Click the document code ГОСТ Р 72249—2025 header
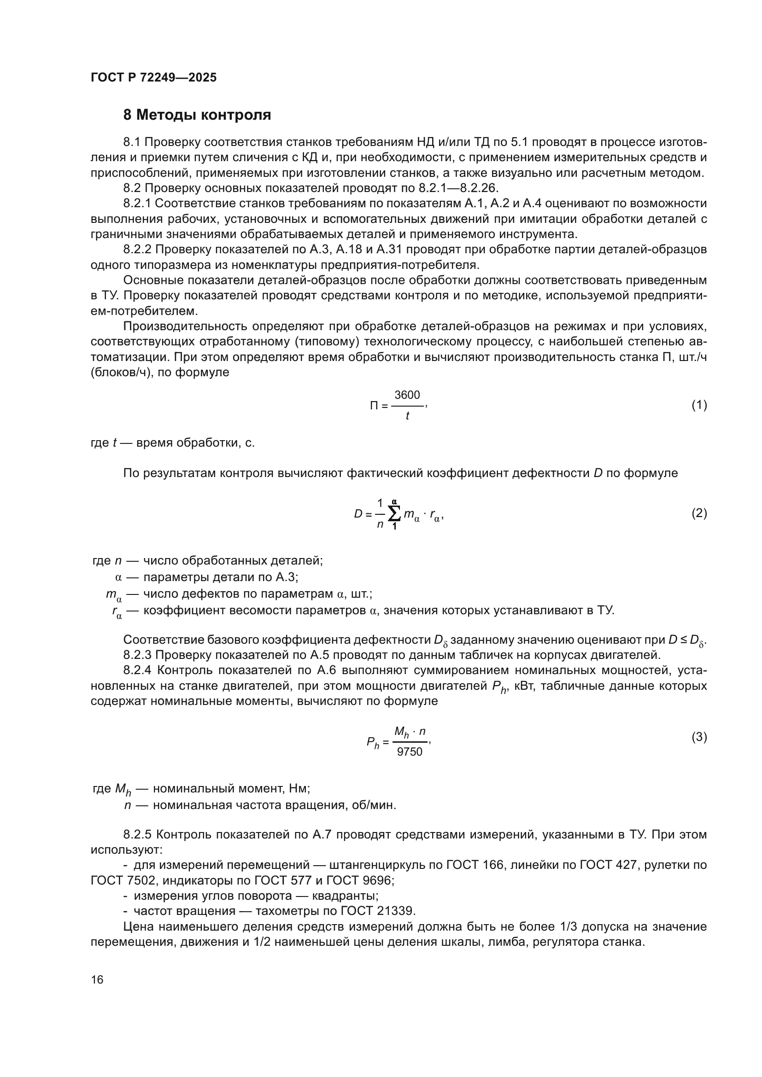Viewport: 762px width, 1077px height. click(x=153, y=77)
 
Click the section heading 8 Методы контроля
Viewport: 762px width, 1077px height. click(x=197, y=115)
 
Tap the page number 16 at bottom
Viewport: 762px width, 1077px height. click(x=97, y=979)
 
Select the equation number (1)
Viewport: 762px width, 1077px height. click(x=699, y=405)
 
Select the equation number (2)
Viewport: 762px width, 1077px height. click(x=699, y=513)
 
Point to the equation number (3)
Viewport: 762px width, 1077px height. click(x=699, y=736)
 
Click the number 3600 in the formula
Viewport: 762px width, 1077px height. click(x=407, y=395)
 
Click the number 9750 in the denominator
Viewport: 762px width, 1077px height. click(x=410, y=752)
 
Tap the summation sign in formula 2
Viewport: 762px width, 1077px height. click(x=395, y=514)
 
